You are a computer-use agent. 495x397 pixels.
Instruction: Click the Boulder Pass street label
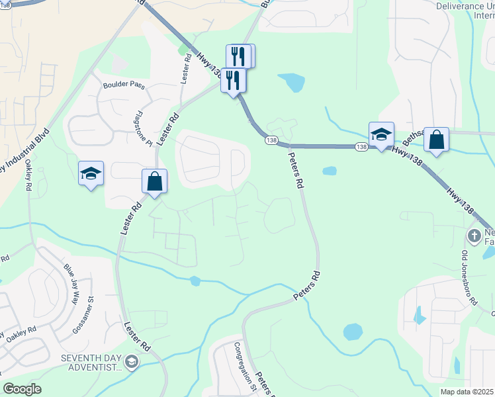pos(122,85)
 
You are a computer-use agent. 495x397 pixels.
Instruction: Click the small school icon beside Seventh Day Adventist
pos(132,361)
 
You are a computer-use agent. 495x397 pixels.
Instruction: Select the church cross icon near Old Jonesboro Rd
pos(474,236)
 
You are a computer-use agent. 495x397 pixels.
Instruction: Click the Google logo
pos(22,389)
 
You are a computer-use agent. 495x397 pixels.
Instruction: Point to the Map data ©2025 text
pos(466,392)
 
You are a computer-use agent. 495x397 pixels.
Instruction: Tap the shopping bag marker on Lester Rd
pos(154,181)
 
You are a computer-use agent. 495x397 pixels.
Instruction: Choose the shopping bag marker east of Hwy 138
pos(436,140)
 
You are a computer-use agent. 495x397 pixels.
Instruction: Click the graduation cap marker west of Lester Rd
pos(91,173)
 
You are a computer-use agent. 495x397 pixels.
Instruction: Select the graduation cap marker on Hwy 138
pos(381,134)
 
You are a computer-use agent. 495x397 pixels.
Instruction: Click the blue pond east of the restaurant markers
pos(292,83)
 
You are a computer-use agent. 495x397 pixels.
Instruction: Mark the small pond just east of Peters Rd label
pos(329,171)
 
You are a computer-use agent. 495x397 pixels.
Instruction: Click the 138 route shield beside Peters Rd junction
pos(271,140)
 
